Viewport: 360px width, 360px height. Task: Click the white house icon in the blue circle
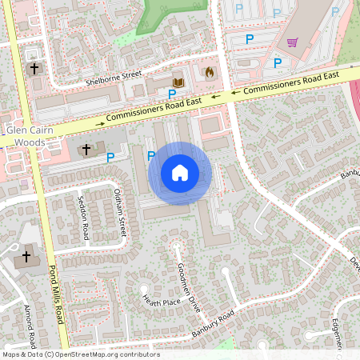180,173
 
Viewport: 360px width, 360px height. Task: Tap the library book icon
178,82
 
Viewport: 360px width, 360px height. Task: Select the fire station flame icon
210,73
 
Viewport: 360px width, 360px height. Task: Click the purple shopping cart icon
293,43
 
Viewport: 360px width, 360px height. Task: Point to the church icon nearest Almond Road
26,257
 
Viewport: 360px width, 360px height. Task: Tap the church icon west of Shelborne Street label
34,69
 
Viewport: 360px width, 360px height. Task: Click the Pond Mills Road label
55,293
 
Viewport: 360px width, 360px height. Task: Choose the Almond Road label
30,328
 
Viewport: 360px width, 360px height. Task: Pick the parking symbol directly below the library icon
172,94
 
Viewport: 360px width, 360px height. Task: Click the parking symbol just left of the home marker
151,155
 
